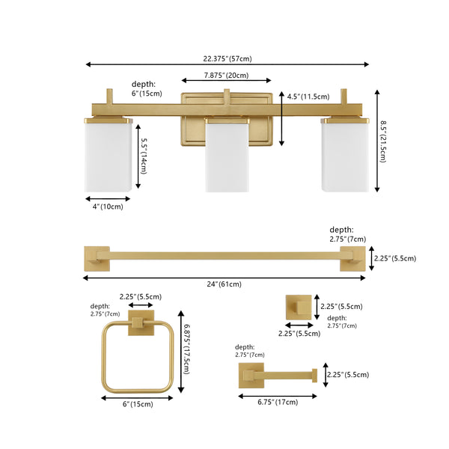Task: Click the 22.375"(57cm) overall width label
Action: tap(227, 58)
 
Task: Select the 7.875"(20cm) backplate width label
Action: tap(226, 76)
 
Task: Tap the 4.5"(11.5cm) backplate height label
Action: tap(308, 97)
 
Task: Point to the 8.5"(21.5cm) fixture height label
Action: tap(383, 141)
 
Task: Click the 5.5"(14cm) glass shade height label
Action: tap(144, 156)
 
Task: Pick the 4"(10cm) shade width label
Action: tap(108, 207)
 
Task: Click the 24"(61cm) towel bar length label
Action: tap(224, 284)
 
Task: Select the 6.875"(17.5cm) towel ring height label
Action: tap(186, 349)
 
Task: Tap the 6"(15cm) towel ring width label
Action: tap(138, 404)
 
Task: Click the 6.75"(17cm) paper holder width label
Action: tap(278, 402)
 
